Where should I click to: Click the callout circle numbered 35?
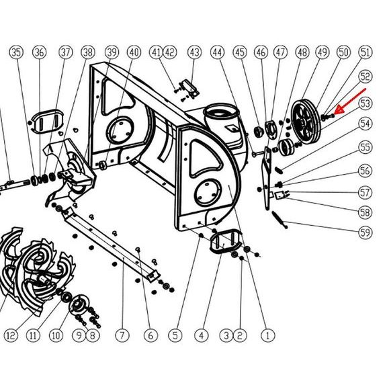point(16,52)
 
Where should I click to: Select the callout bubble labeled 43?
point(194,52)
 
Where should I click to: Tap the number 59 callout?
point(365,232)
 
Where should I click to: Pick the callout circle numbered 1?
point(268,335)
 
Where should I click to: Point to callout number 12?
point(11,335)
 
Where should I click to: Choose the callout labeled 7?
point(122,335)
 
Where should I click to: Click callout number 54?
point(365,124)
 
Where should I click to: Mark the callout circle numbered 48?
point(302,52)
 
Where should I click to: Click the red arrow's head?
point(339,109)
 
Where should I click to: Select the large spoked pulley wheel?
point(306,122)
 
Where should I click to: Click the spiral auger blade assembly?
point(37,269)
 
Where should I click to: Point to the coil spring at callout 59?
point(280,220)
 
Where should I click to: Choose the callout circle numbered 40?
point(134,52)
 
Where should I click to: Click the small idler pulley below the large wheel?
point(286,147)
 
